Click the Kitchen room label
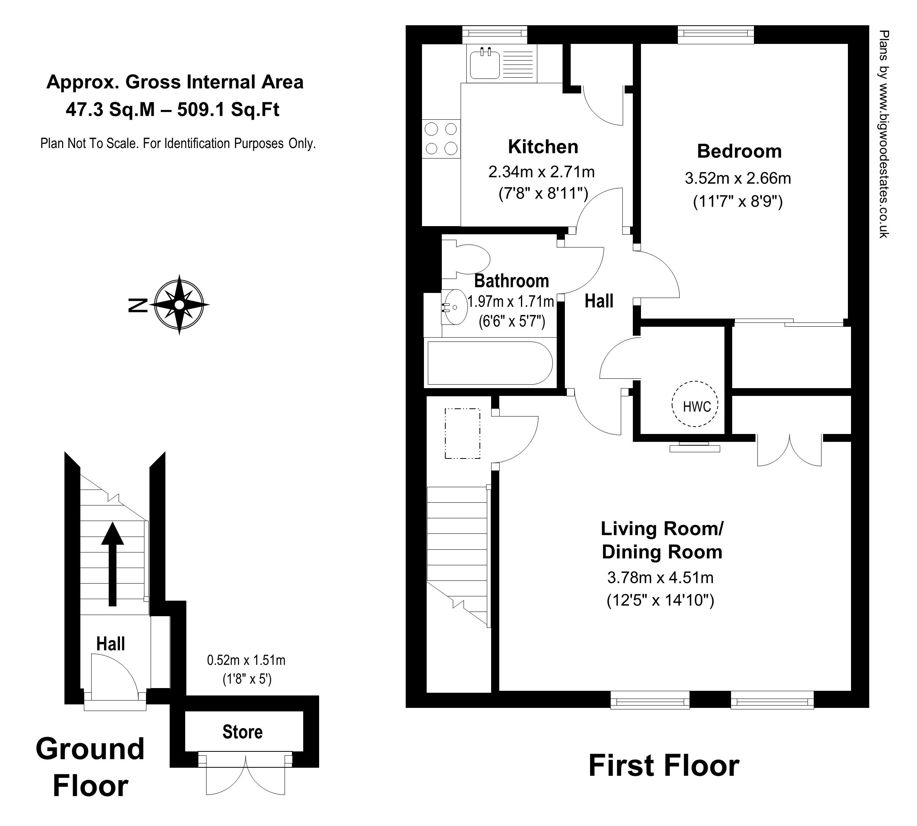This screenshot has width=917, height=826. pos(543,146)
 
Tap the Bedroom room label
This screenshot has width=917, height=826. pos(739,151)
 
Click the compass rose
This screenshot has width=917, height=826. pos(180,305)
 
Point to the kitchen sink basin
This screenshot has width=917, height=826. pos(485,65)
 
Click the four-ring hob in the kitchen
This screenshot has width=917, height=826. pos(441,139)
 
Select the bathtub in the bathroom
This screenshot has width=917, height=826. pos(490,363)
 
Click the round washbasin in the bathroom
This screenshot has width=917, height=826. pos(455,307)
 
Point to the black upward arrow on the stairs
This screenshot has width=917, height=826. pos(113,564)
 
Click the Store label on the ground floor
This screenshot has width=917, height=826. pos(242,732)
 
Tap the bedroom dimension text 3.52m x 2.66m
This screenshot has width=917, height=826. pos(738,178)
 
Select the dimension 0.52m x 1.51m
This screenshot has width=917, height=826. pos(246,660)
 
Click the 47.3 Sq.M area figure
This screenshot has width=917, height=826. pos(111,110)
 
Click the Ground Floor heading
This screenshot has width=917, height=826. pos(90,767)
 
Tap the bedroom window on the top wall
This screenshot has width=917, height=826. pos(716,35)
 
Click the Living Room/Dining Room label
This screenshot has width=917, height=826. pos(662,540)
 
